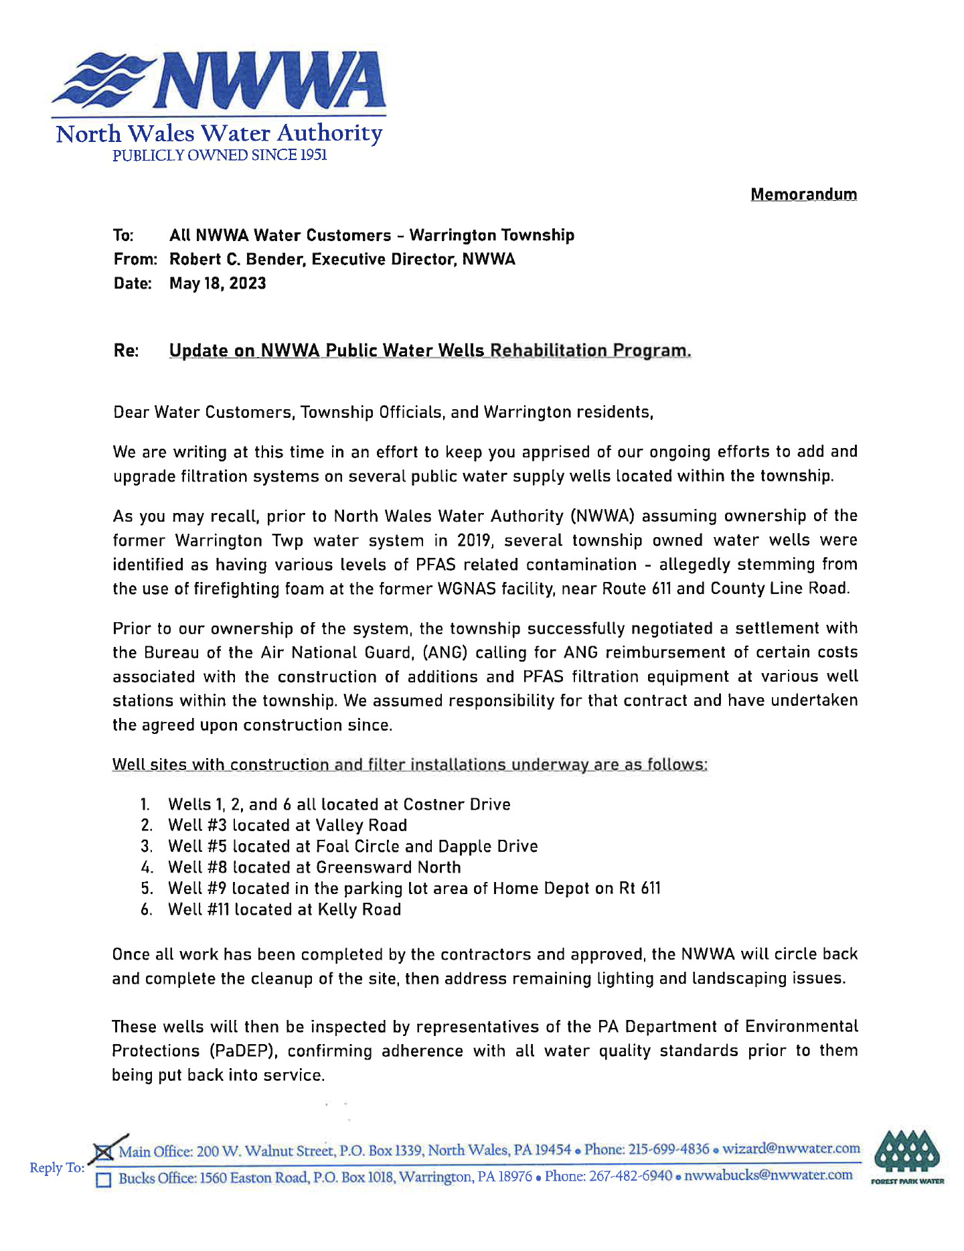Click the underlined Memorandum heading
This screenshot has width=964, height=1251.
pyautogui.click(x=803, y=194)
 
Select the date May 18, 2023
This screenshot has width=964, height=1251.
pyautogui.click(x=218, y=283)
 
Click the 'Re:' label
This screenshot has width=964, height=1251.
pyautogui.click(x=126, y=350)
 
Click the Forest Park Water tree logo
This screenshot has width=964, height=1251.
pyautogui.click(x=907, y=1156)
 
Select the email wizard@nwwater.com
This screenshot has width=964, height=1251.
pyautogui.click(x=791, y=1149)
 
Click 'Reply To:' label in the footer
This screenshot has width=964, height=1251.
pyautogui.click(x=57, y=1168)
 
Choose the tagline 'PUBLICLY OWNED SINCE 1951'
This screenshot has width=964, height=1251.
pyautogui.click(x=220, y=155)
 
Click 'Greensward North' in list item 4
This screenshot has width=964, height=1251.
pyautogui.click(x=388, y=867)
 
